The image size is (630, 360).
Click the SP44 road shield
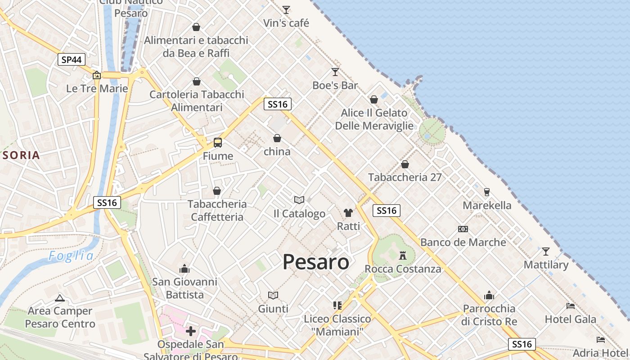(x=72, y=59)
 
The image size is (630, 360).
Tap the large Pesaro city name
(x=316, y=262)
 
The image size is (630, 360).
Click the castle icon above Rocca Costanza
(x=403, y=256)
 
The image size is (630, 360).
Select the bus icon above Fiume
(x=218, y=143)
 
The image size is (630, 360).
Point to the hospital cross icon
(x=191, y=331)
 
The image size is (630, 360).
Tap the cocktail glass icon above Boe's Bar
(x=335, y=72)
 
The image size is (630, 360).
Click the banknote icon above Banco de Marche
(x=463, y=229)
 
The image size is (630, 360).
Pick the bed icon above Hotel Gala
(x=571, y=306)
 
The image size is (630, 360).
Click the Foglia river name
(x=72, y=256)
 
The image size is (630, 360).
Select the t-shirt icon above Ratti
(x=348, y=213)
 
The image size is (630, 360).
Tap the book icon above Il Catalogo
(x=299, y=200)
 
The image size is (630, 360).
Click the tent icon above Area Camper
(x=60, y=297)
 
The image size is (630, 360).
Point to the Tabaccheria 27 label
(x=405, y=177)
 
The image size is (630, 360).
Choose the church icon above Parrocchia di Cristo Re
(x=489, y=295)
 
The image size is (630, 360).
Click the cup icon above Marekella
(x=486, y=192)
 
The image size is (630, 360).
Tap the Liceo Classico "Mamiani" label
(x=337, y=325)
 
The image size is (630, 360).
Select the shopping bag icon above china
(x=277, y=138)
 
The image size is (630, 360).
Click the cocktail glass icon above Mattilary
(x=546, y=251)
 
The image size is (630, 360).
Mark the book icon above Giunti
(x=273, y=295)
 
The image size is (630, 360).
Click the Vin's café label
(x=286, y=23)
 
